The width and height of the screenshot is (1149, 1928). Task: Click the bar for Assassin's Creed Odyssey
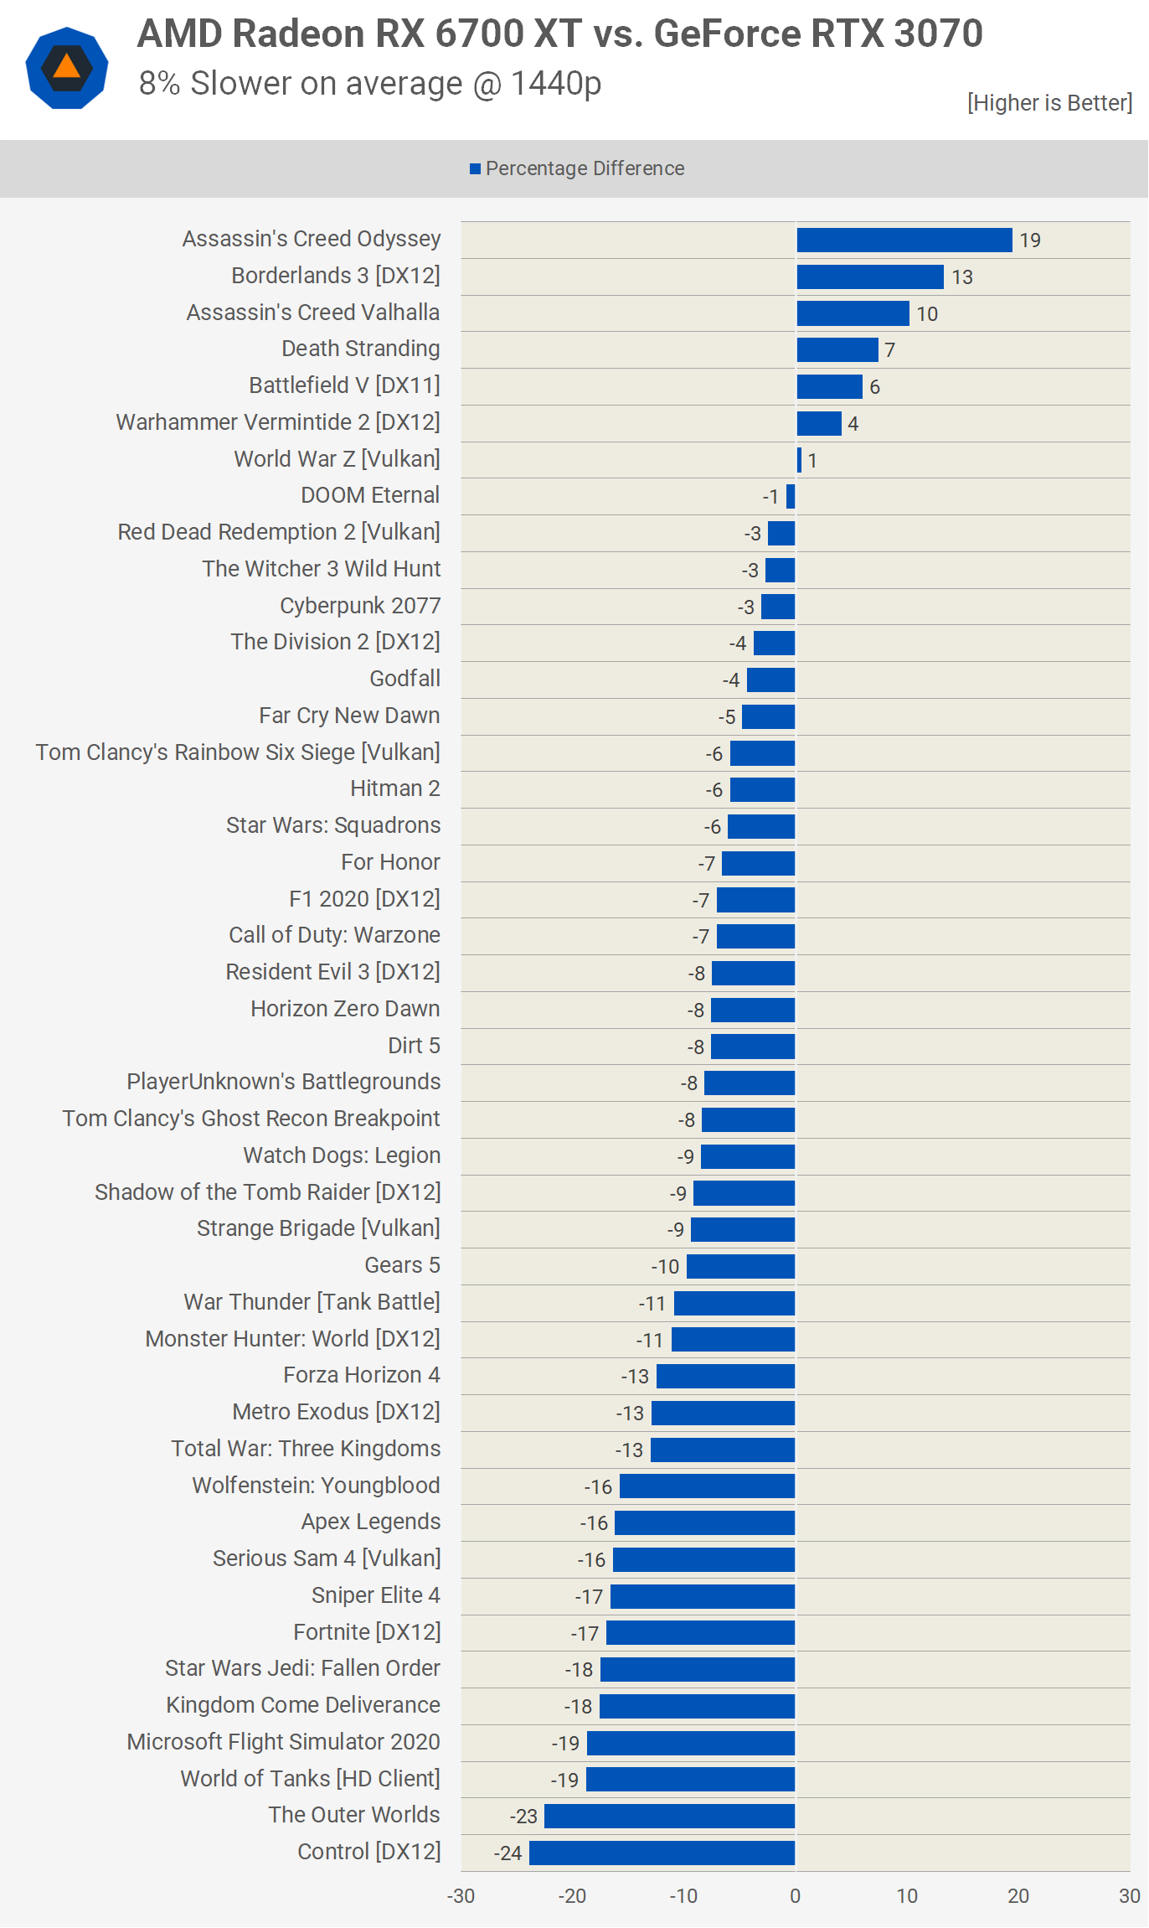pos(904,240)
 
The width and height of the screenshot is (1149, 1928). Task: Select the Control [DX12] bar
pos(662,1853)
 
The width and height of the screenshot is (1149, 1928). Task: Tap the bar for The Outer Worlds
pos(669,1816)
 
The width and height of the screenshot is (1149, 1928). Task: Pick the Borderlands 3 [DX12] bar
pos(869,277)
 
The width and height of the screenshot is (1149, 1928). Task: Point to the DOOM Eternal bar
pos(791,497)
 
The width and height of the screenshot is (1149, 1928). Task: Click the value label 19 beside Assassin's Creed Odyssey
pos(1030,240)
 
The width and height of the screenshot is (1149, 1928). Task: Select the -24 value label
pos(508,1853)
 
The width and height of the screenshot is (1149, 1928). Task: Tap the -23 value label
pos(523,1817)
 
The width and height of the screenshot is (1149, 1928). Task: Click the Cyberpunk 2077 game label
pos(360,606)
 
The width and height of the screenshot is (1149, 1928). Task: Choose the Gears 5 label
pos(402,1265)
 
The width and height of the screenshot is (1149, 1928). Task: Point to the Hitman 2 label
pos(395,788)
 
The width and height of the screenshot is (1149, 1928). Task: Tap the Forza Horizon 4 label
pos(362,1375)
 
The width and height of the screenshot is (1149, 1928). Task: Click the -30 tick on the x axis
pos(461,1896)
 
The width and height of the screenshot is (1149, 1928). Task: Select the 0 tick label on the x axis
pos(795,1896)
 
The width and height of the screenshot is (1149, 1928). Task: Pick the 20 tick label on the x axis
pos(1018,1896)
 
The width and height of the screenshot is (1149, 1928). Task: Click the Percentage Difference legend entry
pos(577,168)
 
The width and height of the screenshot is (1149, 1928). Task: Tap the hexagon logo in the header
pos(67,68)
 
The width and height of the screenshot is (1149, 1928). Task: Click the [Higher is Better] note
pos(1049,103)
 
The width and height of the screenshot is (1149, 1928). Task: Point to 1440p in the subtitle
pos(556,84)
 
